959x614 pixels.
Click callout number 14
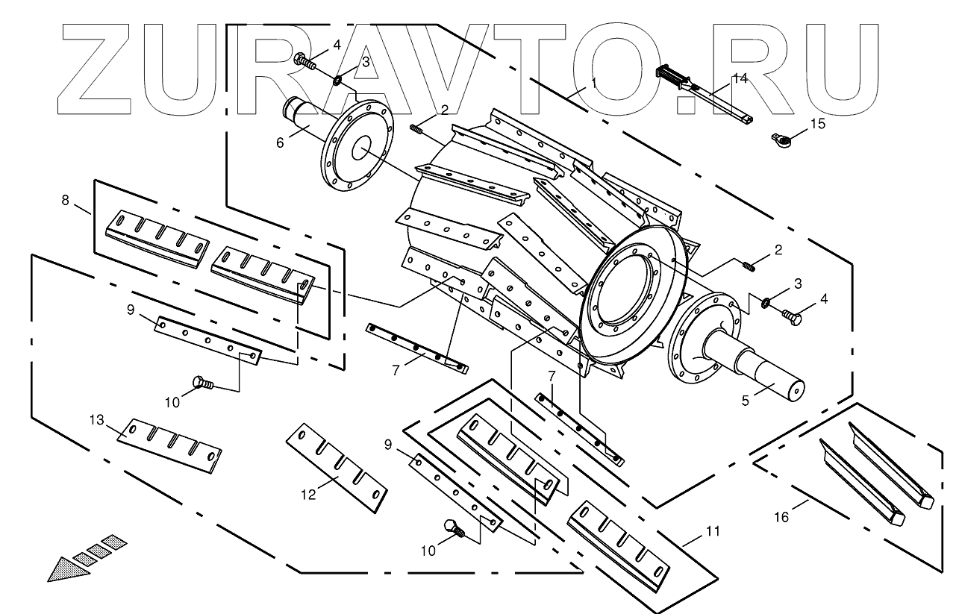pos(739,78)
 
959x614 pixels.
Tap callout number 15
pos(818,124)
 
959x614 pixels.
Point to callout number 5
pos(745,399)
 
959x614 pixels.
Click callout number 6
pos(281,141)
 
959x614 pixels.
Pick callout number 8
pos(65,200)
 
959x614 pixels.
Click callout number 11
pos(713,531)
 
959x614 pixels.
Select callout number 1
pos(594,84)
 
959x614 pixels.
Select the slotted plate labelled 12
pos(337,469)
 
